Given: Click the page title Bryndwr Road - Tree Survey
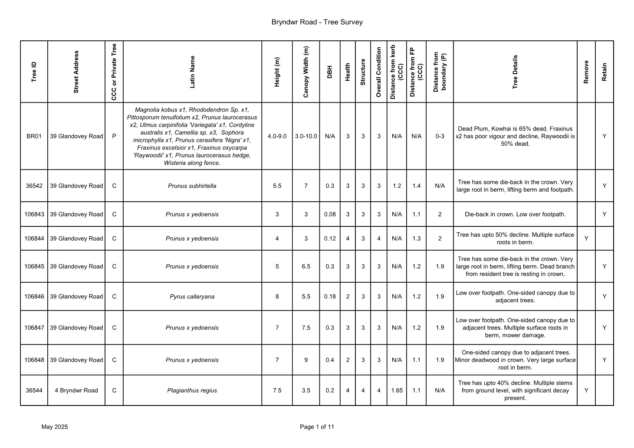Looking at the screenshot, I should [x=317, y=22].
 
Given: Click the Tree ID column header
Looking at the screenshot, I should [x=34, y=72].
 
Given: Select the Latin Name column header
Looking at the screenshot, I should [x=192, y=72].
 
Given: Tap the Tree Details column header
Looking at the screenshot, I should [x=515, y=72].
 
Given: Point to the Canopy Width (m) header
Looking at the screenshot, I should [x=306, y=72].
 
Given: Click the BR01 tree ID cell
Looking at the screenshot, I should [x=34, y=136].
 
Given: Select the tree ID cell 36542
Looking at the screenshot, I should [x=34, y=186].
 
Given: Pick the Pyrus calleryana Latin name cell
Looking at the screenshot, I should [x=192, y=297].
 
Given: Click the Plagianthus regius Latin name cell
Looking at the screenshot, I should [x=192, y=390].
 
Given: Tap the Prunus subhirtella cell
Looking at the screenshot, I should [x=192, y=186].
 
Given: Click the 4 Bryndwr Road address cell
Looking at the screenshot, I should [x=76, y=390].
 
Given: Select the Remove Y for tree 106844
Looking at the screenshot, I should [x=586, y=239].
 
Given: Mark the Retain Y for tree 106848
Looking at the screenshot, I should [x=604, y=360].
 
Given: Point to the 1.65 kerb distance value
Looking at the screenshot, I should [x=397, y=390].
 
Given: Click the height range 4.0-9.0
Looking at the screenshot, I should [x=277, y=136].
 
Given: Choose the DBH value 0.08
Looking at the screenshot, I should [x=330, y=214].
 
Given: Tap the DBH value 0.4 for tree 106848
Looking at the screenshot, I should [x=330, y=360].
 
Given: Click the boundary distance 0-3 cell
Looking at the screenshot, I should [x=440, y=136].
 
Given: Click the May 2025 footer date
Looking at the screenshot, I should [x=55, y=427].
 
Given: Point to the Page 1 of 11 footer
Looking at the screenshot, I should [x=317, y=427].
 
